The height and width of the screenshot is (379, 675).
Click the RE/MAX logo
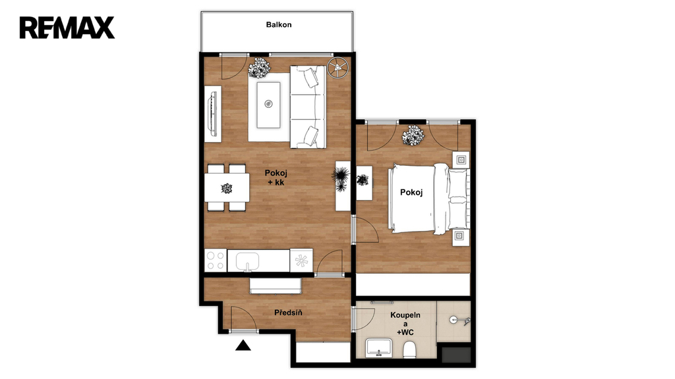67,28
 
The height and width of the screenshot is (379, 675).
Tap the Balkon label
279,24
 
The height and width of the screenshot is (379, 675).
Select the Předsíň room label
288,313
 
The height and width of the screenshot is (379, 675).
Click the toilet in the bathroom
409,350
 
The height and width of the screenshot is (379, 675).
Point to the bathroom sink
379,347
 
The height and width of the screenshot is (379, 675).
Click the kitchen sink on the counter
247,261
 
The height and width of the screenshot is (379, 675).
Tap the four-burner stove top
216,261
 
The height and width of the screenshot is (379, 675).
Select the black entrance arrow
243,345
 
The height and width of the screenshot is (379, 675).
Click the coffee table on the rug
268,105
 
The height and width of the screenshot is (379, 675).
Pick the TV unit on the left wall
213,114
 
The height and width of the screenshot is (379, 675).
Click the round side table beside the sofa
337,68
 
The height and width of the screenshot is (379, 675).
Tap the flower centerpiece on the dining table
227,188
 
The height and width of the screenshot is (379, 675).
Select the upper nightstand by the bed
461,160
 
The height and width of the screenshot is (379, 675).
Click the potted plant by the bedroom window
413,136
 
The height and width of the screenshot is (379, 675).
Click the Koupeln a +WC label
405,324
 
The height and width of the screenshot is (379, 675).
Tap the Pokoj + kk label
276,178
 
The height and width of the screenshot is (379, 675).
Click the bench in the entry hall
276,286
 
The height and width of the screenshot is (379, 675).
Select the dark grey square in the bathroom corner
457,355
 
